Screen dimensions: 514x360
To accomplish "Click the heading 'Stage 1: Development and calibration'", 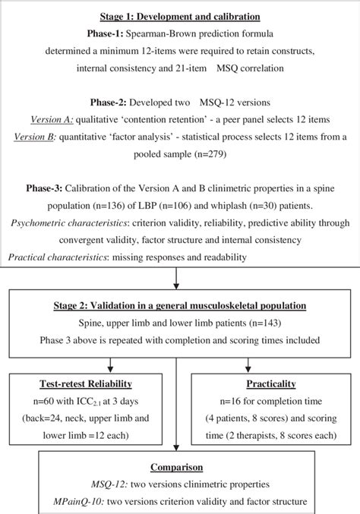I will [179, 15].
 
